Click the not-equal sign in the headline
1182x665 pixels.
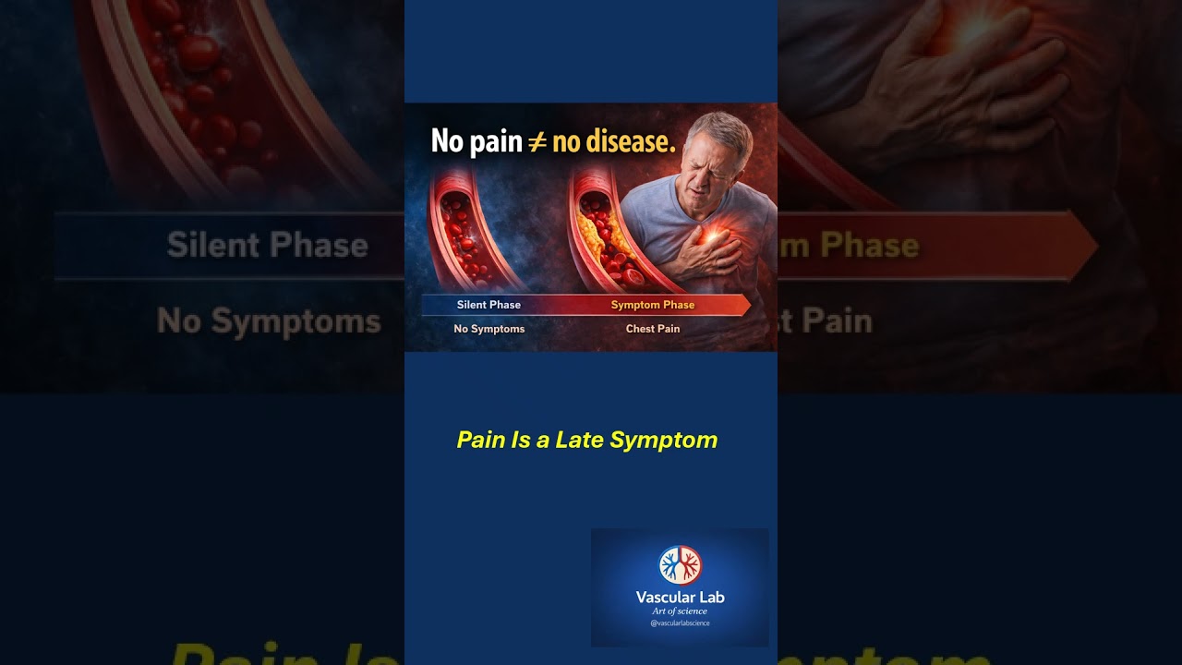point(537,141)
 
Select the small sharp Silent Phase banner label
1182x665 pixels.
point(488,305)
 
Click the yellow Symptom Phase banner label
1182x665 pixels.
point(653,305)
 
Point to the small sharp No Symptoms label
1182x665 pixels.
point(488,329)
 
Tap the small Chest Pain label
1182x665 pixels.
point(653,329)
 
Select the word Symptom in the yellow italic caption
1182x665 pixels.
point(664,440)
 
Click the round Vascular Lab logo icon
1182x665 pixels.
point(680,565)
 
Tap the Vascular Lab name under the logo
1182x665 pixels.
point(680,598)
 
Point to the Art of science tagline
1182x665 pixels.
point(680,611)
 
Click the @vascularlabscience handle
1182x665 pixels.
point(680,623)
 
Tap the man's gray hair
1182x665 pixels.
point(721,129)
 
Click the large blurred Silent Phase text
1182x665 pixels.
point(268,245)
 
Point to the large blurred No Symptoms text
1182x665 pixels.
point(269,321)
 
